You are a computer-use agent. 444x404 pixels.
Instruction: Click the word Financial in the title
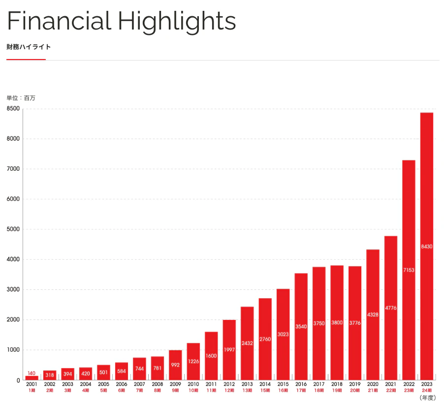point(59,21)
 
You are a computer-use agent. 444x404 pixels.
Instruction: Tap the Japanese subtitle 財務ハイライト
point(29,47)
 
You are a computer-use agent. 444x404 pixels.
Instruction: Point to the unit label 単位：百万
point(21,98)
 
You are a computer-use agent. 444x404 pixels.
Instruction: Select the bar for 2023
point(426,246)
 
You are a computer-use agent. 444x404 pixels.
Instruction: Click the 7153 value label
point(409,270)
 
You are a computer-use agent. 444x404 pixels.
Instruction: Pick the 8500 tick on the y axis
point(13,109)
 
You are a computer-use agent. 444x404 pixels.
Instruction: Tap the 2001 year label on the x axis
point(32,384)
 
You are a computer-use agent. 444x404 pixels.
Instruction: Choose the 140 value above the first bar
point(32,373)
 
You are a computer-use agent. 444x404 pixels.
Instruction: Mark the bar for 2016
point(301,327)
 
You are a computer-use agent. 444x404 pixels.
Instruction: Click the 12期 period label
point(229,390)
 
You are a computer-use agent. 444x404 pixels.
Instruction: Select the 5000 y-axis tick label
point(13,229)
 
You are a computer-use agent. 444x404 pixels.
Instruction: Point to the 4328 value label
point(373,314)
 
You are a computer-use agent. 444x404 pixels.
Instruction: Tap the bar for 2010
point(193,361)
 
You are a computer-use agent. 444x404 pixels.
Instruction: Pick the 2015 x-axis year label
point(283,384)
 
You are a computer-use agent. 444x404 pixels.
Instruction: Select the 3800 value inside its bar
point(337,323)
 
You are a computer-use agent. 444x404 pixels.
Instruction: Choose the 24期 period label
point(427,390)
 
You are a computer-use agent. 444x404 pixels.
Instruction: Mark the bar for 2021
point(391,308)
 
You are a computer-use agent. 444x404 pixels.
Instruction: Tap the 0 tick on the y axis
point(18,380)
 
